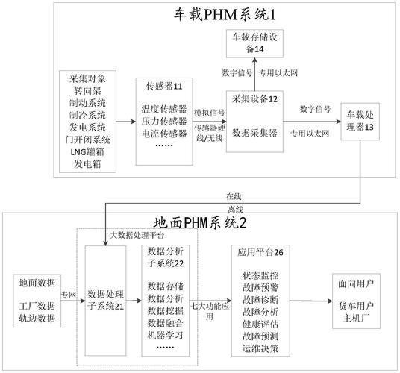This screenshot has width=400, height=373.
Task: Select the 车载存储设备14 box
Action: pyautogui.click(x=254, y=43)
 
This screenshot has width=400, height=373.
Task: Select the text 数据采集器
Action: pyautogui.click(x=256, y=131)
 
